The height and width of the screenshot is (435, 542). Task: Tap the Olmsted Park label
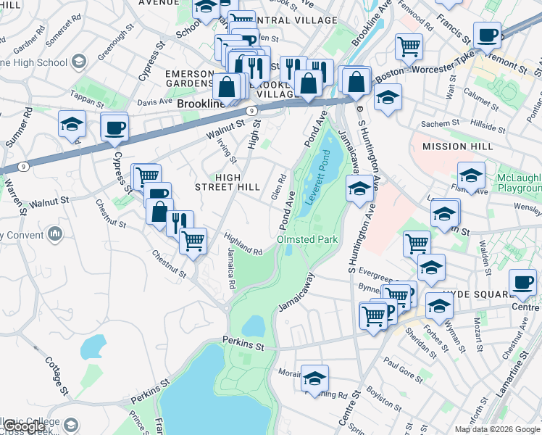click(x=304, y=239)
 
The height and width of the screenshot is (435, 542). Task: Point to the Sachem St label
click(x=435, y=124)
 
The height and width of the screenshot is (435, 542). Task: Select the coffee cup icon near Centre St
click(x=522, y=283)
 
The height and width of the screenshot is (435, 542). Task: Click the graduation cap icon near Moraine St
click(x=314, y=379)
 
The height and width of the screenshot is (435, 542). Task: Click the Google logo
click(x=24, y=426)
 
